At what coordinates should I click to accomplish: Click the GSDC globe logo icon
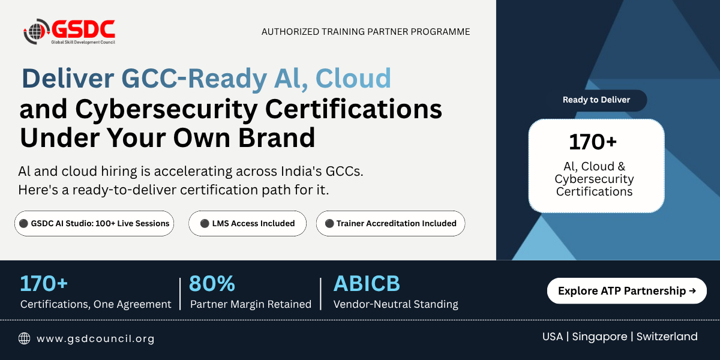[36, 31]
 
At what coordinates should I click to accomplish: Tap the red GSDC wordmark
[83, 29]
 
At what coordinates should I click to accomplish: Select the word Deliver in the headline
[68, 78]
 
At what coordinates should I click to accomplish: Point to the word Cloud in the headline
[353, 78]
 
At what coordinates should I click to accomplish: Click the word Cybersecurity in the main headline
[166, 110]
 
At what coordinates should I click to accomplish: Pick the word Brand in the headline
[277, 137]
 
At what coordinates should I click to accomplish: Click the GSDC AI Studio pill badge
[94, 223]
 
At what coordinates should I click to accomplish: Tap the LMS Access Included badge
[247, 223]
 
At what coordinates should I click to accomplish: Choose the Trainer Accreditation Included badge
[391, 223]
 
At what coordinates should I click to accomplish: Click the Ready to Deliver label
[596, 100]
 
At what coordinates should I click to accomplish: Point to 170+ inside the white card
[593, 142]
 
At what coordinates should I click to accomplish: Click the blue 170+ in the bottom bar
[44, 283]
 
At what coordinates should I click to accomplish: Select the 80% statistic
[212, 283]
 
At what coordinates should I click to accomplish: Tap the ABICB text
[367, 283]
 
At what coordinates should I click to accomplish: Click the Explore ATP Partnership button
[627, 291]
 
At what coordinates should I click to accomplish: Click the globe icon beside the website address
[24, 338]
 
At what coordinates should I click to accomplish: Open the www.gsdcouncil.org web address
[95, 339]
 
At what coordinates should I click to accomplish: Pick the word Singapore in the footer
[599, 337]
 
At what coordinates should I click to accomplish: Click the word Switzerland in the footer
[667, 337]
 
